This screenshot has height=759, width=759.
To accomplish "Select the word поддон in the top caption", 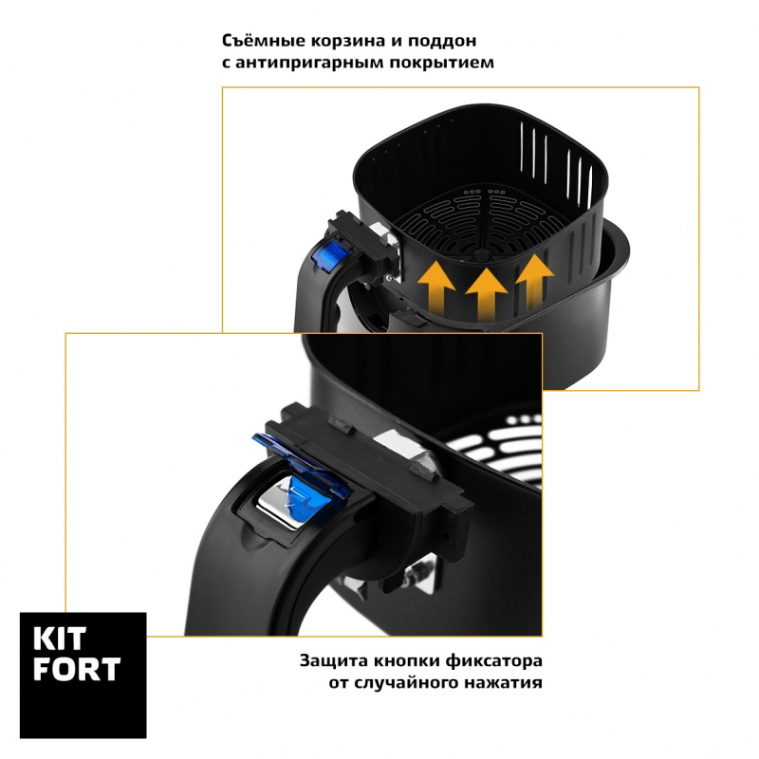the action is point(442,42).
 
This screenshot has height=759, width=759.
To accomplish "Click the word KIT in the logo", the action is point(60,639).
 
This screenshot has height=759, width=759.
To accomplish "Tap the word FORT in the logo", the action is point(77,669).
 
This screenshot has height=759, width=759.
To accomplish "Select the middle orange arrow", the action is point(486,294).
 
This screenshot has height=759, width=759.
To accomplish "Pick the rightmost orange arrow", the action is point(534,281).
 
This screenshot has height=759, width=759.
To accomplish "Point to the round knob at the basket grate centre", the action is point(479,256).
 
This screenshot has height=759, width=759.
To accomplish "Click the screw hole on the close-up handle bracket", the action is point(446,537).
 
